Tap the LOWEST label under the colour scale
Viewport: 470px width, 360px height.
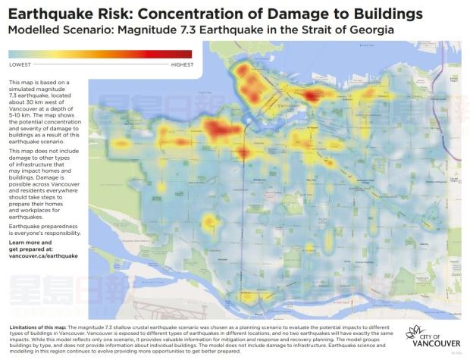click(20, 64)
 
